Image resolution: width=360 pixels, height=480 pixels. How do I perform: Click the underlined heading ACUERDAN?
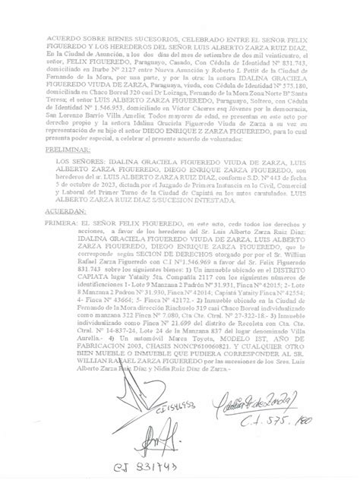[x=64, y=213]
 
